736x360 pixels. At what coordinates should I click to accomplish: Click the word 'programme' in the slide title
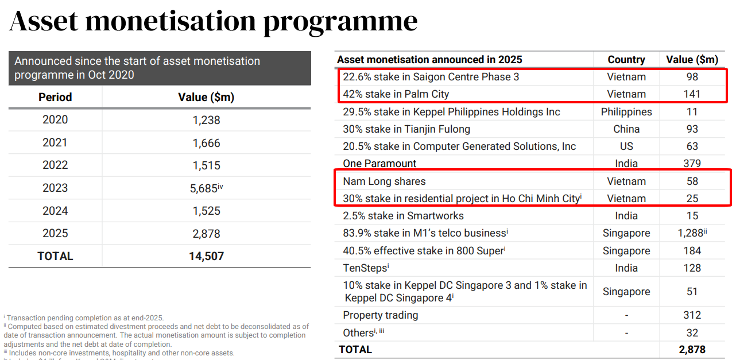pyautogui.click(x=340, y=22)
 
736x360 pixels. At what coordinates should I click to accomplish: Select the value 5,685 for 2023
pyautogui.click(x=204, y=188)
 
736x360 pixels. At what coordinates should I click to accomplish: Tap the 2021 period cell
pyautogui.click(x=55, y=143)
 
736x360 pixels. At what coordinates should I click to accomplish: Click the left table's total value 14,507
pyautogui.click(x=206, y=256)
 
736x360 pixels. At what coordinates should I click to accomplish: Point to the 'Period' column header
pyautogui.click(x=55, y=97)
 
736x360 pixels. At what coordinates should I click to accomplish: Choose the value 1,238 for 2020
pyautogui.click(x=206, y=120)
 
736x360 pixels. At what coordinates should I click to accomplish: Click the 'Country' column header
pyautogui.click(x=626, y=60)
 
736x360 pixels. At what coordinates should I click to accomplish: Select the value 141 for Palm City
pyautogui.click(x=692, y=94)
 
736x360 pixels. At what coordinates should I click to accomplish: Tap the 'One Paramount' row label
pyautogui.click(x=379, y=164)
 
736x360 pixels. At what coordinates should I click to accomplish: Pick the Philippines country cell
pyautogui.click(x=626, y=112)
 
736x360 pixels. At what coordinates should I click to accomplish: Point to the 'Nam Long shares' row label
pyautogui.click(x=384, y=181)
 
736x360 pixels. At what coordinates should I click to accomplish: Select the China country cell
pyautogui.click(x=626, y=129)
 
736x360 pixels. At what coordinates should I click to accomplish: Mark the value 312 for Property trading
pyautogui.click(x=692, y=315)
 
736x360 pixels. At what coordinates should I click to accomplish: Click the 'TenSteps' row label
pyautogui.click(x=365, y=268)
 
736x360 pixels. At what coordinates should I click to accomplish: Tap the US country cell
pyautogui.click(x=626, y=146)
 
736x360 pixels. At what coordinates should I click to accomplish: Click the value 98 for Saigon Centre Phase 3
pyautogui.click(x=692, y=77)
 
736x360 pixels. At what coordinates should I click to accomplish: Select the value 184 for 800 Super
pyautogui.click(x=692, y=251)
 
